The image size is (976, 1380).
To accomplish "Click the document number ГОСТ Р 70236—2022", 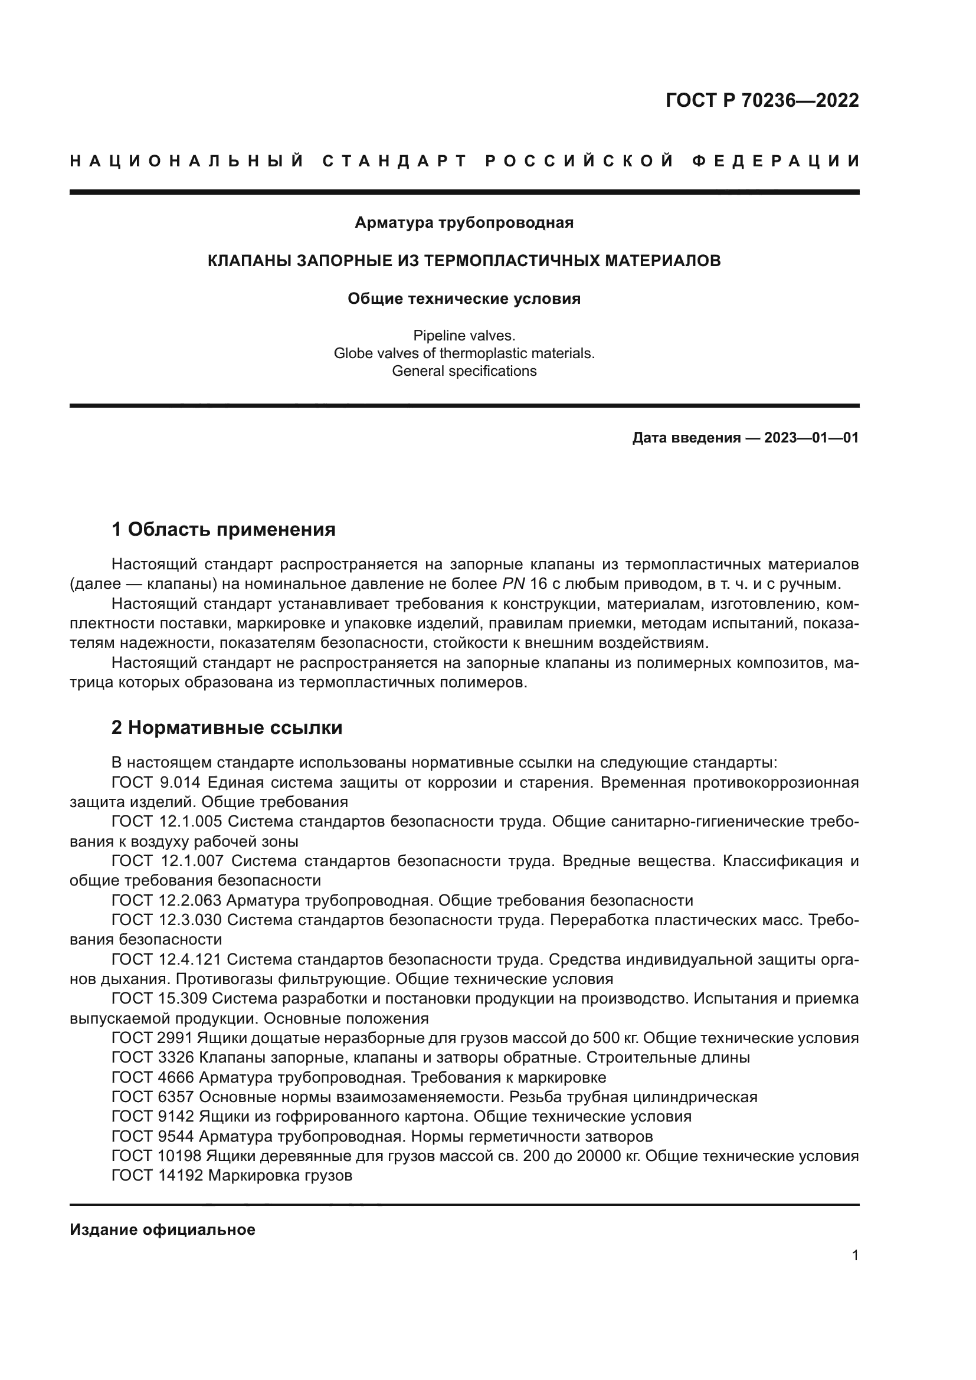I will (762, 100).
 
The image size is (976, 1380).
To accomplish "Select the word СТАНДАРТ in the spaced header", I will (395, 161).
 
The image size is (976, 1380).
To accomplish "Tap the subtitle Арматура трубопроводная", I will (464, 223).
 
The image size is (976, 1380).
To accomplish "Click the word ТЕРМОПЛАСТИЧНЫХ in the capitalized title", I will (509, 261).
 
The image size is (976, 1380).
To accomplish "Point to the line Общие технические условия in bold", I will (464, 299).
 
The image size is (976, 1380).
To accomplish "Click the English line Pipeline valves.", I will (464, 336).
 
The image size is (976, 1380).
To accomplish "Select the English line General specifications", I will (464, 371).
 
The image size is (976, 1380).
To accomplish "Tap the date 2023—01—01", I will (811, 438).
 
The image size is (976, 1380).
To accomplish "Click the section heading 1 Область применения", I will (223, 529).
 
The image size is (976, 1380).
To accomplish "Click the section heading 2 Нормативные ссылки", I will (227, 728).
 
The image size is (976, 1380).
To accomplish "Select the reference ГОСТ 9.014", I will (159, 782).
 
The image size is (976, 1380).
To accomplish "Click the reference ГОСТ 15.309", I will (159, 998).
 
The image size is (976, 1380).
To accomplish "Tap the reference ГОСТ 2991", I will (152, 1038).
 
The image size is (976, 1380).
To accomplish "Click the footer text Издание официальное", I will (162, 1230).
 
